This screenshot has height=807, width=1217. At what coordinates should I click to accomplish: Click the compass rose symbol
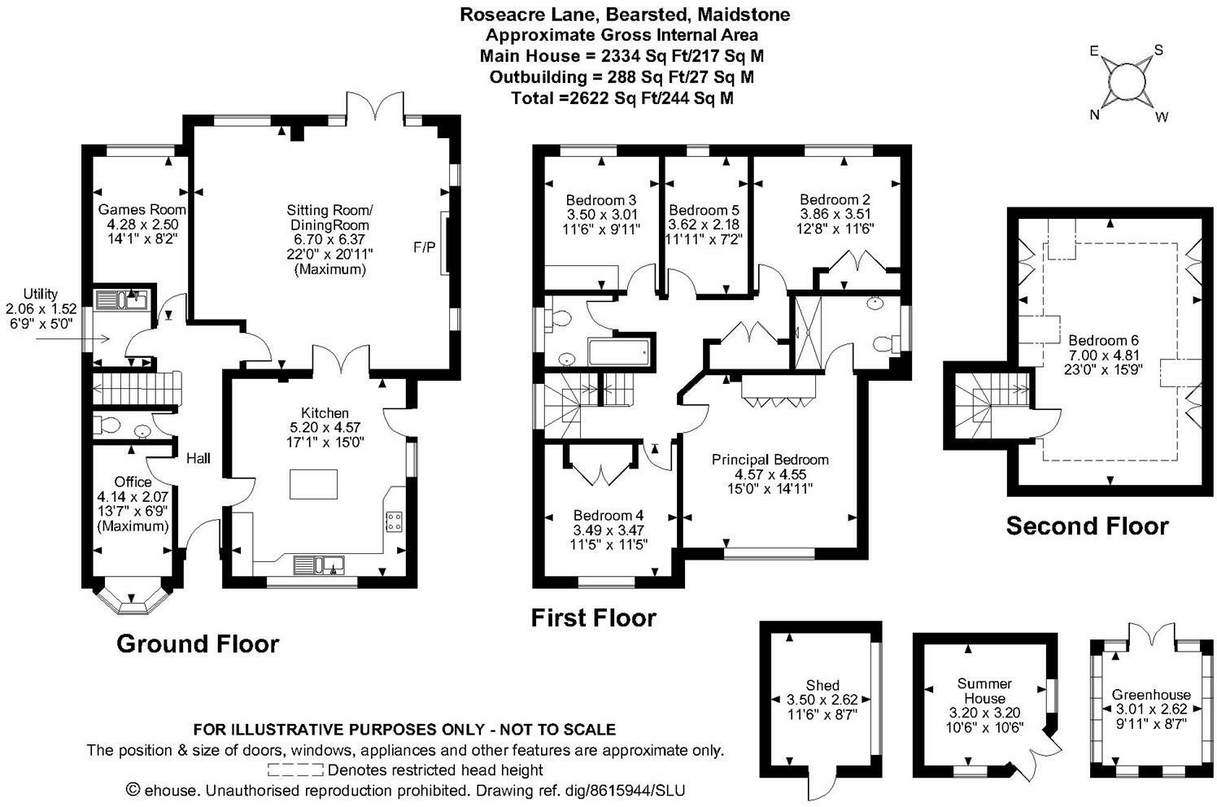point(1128,83)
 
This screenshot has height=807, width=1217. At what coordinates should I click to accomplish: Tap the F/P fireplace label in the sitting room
point(424,246)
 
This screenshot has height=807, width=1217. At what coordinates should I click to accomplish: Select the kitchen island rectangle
point(313,484)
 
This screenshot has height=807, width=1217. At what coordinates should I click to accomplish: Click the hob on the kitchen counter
point(393,521)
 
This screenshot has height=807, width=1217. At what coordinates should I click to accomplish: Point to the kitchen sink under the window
point(319,565)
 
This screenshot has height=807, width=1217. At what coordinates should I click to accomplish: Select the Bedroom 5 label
point(704,210)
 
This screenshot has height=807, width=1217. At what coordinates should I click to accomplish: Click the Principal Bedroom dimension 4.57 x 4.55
point(770,474)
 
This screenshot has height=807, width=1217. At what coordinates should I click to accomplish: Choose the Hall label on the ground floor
point(198,458)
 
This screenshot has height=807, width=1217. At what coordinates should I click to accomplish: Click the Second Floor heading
point(1087,526)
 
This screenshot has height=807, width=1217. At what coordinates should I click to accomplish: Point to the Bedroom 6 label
point(1103,340)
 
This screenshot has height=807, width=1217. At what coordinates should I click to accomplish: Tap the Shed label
point(822,685)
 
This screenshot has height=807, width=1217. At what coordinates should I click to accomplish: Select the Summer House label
point(984,691)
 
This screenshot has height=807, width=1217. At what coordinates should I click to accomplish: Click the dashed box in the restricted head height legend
point(295,770)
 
